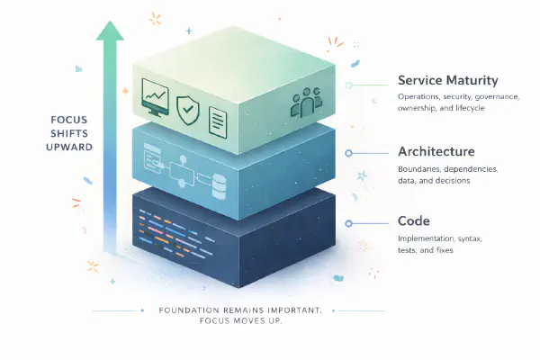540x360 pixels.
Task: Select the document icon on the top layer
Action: coord(216,114)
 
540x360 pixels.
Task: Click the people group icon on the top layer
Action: coord(307,103)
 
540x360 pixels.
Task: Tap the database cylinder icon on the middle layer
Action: coord(217,187)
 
